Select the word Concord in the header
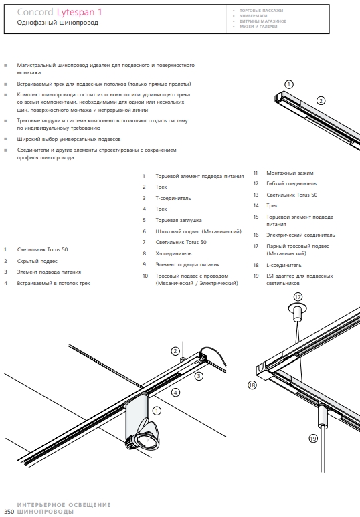tap(35, 12)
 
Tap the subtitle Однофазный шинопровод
tap(58, 23)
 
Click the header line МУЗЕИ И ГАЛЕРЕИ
tap(258, 27)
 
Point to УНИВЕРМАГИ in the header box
tap(254, 16)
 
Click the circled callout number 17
tap(298, 297)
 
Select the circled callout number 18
tap(252, 385)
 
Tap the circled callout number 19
tap(313, 438)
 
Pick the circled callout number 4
tap(175, 393)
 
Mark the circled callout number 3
tap(199, 376)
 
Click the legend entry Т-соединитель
tap(173, 198)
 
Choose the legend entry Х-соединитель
tap(173, 253)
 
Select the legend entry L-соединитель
tap(284, 265)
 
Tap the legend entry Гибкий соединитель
tap(291, 184)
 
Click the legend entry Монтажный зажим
tap(290, 173)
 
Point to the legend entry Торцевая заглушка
tap(179, 220)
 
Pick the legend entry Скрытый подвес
tap(37, 261)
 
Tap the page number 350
tap(9, 512)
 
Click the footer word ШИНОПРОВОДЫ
tap(46, 512)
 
